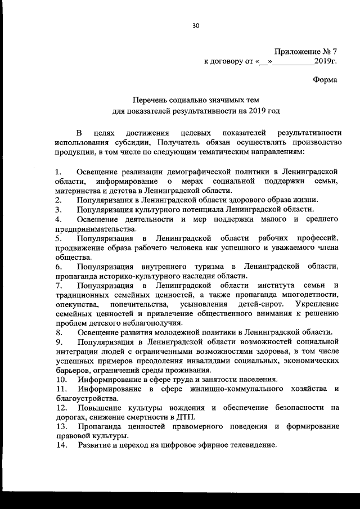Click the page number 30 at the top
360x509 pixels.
coord(195,25)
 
